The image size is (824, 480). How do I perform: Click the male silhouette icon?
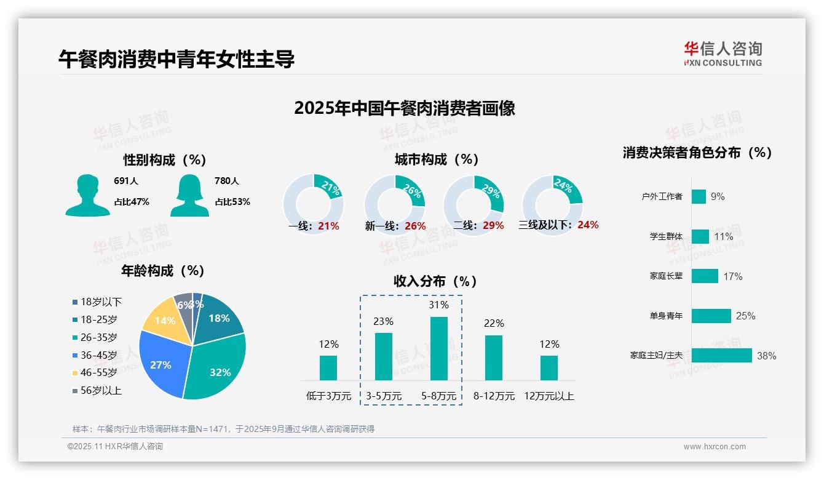87,196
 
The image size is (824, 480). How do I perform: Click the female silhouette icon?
189,196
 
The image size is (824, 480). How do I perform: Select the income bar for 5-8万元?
439,348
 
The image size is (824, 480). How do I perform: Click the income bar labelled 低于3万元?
328,367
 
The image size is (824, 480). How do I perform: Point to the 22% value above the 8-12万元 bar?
494,324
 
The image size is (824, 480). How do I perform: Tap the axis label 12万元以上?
549,396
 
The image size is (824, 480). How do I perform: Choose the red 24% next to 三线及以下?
588,225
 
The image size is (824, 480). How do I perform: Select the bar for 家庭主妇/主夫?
721,356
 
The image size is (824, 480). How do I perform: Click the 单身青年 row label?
666,316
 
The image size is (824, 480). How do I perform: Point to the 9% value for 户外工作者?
718,197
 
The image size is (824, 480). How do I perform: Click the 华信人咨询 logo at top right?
723,54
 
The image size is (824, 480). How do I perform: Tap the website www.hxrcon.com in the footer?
715,447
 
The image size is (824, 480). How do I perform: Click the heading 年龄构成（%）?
163,271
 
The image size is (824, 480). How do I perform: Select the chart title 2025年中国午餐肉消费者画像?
405,108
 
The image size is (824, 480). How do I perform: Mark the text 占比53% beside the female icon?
232,202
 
